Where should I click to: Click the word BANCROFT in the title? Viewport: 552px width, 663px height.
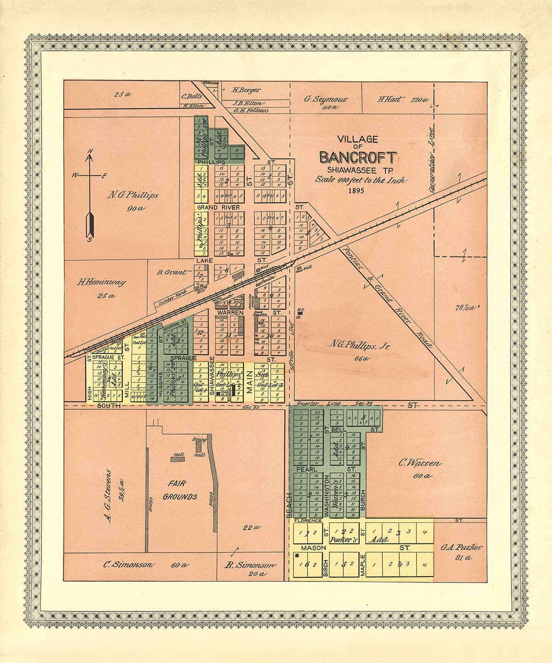pos(357,158)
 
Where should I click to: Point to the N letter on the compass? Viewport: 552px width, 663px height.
pos(91,151)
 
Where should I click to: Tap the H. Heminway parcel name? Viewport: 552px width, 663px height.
pos(101,282)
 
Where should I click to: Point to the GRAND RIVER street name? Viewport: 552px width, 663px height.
pos(212,208)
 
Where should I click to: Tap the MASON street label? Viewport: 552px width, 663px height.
pos(313,548)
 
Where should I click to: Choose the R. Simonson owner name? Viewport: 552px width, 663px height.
pos(251,565)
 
